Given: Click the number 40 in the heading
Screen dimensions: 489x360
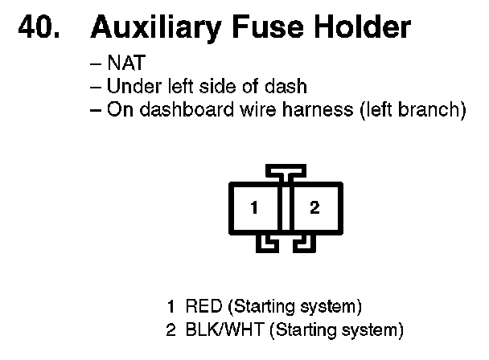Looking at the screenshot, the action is (39, 28).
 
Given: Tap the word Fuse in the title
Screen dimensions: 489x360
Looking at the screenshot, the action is (257, 28).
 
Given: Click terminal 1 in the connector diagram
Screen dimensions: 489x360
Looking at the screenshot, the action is (253, 207).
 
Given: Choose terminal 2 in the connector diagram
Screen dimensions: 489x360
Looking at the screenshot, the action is (314, 207).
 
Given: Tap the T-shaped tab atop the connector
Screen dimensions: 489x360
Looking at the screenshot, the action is (285, 172).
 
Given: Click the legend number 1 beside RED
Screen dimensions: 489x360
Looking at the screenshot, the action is (171, 306).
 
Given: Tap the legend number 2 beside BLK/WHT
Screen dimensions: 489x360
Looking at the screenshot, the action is (171, 329).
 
